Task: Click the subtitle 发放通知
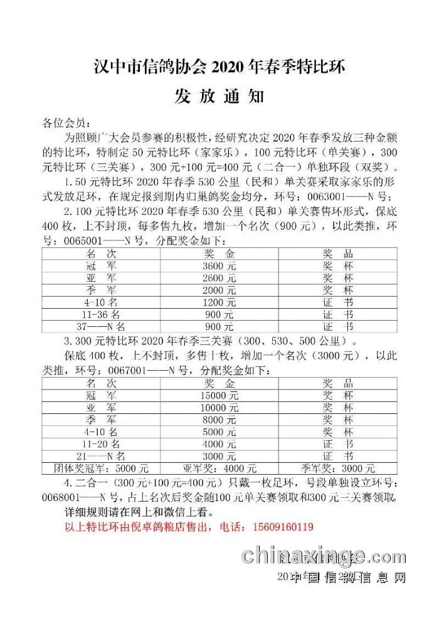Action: point(219,97)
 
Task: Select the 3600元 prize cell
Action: point(219,266)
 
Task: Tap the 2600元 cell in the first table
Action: point(219,277)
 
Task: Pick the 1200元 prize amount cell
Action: point(219,302)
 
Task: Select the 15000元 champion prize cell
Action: point(219,395)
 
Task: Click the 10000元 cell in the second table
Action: point(219,407)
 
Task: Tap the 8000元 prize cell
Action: point(219,420)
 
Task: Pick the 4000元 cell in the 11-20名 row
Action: point(219,444)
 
